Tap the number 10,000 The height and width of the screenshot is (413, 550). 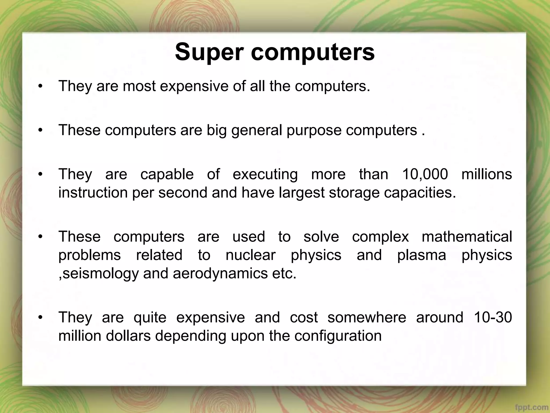(425, 174)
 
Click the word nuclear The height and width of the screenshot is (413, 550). (251, 255)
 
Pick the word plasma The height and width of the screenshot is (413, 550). (421, 255)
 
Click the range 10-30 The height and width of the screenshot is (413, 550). (493, 317)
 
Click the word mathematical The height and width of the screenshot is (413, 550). (467, 237)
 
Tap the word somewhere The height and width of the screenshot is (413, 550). (367, 317)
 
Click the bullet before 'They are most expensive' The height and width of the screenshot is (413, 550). (40, 87)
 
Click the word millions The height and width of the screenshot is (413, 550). (487, 174)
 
